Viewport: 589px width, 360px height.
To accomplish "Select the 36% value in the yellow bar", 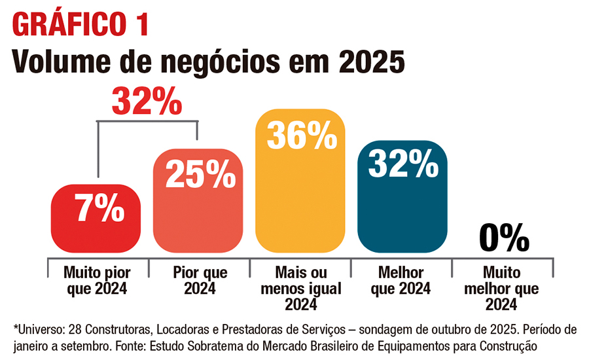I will [300, 135].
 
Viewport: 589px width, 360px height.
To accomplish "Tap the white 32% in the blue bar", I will [402, 164].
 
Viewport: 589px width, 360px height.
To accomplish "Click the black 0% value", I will [503, 237].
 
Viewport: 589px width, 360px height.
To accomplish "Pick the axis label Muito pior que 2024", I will [96, 280].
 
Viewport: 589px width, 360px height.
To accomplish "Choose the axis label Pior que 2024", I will [198, 280].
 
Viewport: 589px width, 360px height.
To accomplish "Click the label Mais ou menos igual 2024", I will [300, 288].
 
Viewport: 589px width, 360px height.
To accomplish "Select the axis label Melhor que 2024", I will [401, 280].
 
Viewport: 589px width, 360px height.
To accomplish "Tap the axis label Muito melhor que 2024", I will [503, 288].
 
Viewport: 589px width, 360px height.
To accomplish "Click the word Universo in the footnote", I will [39, 328].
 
